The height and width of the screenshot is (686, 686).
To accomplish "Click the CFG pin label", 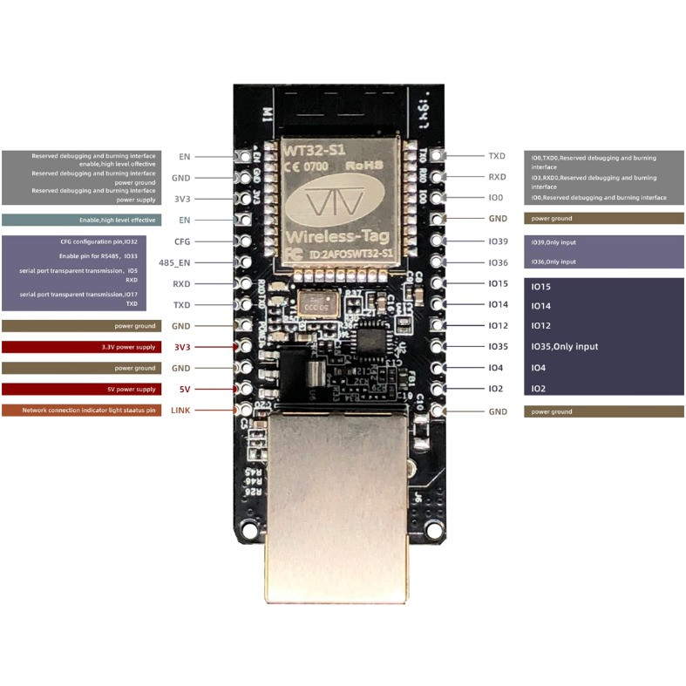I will (x=182, y=241).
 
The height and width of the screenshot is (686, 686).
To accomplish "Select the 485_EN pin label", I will (x=174, y=262).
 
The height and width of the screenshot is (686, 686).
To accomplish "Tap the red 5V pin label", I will (x=184, y=389).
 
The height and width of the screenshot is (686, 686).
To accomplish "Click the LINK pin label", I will (x=180, y=410).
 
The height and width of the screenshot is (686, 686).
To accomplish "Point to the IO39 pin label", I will (x=498, y=241).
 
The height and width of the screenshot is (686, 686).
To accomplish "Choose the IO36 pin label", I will (x=498, y=262).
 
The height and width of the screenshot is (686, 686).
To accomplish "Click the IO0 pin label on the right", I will (x=495, y=199).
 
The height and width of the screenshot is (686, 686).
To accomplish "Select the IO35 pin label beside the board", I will (x=498, y=347).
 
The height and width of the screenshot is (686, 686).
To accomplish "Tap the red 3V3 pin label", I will (x=182, y=347).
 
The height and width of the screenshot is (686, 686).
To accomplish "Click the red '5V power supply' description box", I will (x=81, y=389).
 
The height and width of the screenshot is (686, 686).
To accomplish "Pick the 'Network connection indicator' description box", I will (x=81, y=410).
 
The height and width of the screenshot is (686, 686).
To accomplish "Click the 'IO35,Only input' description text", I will (x=565, y=347).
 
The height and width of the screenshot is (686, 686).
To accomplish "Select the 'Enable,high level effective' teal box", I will (x=81, y=221).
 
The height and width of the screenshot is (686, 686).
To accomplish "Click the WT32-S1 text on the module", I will (x=311, y=150).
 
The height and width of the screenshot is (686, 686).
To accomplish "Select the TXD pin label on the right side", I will (x=497, y=156).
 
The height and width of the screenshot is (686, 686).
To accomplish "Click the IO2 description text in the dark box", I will (x=539, y=389).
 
